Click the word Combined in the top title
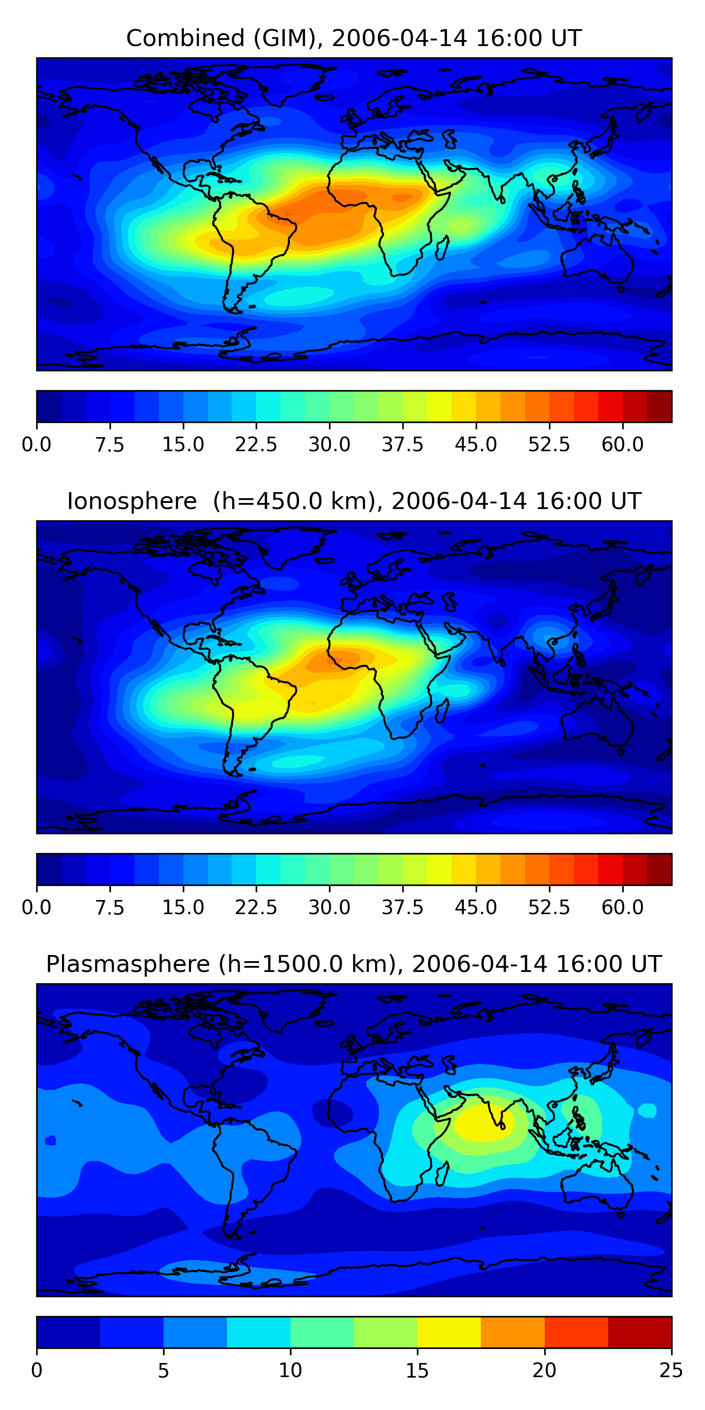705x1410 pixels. pos(185,39)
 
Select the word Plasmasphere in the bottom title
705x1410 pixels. pos(127,964)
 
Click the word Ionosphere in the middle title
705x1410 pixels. pos(132,501)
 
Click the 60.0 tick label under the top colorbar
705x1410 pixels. pos(622,445)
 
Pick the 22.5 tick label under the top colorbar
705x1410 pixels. pos(256,445)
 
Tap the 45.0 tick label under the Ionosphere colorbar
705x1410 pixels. pos(476,907)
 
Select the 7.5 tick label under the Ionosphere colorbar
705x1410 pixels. pos(110,907)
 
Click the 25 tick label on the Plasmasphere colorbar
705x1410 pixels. pos(671,1370)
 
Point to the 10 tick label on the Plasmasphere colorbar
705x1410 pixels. pos(290,1370)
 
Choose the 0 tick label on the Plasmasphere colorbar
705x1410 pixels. pos(37,1370)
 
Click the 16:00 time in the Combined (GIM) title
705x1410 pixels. pos(502,39)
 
